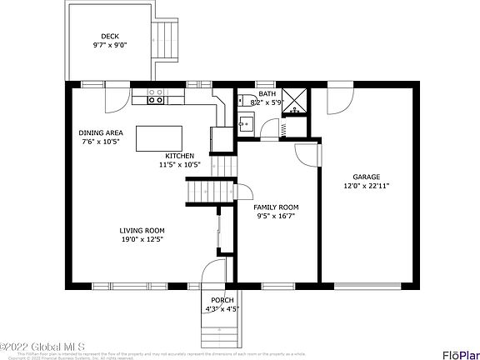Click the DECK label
[110, 36]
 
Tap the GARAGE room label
[366, 177]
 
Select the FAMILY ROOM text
[276, 207]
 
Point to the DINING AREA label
[101, 132]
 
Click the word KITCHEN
[179, 156]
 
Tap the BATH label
[267, 94]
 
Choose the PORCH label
[222, 300]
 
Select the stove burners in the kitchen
[155, 100]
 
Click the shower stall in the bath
[293, 97]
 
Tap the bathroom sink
[244, 125]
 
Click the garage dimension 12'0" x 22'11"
[366, 186]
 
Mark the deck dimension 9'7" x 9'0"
[110, 45]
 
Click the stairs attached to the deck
[164, 40]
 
